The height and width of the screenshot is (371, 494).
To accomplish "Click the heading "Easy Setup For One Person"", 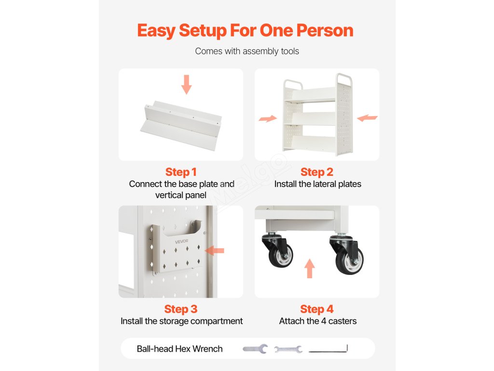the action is click(245, 30).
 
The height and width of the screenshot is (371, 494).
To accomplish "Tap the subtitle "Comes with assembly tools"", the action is click(247, 51).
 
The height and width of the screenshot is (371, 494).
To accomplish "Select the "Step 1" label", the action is click(181, 172).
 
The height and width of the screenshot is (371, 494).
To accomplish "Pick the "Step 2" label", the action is click(316, 172).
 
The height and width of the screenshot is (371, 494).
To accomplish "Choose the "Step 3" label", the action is click(181, 309).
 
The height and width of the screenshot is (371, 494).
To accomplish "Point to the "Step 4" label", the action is click(316, 309).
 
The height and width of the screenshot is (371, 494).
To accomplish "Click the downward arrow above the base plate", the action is click(187, 85).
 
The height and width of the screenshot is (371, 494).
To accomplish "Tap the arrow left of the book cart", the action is click(268, 119).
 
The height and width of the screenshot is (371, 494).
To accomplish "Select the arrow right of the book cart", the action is click(367, 118).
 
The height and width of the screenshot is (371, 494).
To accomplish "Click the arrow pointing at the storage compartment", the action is click(215, 251).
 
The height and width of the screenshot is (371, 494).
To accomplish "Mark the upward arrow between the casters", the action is click(310, 269).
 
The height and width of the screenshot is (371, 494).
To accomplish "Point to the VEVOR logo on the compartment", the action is click(181, 242).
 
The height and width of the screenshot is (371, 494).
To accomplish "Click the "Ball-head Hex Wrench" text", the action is click(179, 349).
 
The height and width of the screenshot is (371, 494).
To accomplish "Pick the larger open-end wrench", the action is click(255, 349).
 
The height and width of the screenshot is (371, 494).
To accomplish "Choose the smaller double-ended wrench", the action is click(288, 349).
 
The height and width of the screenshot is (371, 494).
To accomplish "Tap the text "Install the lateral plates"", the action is click(317, 184).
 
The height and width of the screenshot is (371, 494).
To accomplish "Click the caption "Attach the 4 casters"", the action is click(317, 321).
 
